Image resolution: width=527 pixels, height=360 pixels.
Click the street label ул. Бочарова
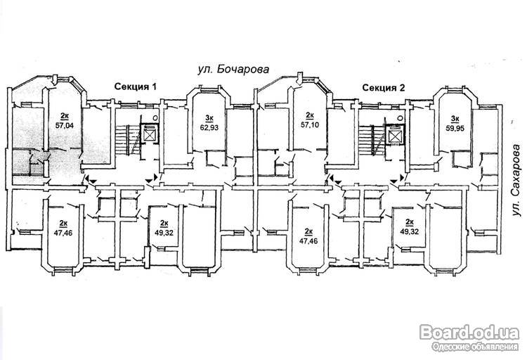[233, 70]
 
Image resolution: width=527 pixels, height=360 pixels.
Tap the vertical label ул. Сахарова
[516, 180]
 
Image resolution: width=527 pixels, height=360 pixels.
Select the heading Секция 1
[136, 86]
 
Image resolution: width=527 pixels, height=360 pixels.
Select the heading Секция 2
[384, 88]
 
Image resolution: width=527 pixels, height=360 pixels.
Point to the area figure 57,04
[65, 126]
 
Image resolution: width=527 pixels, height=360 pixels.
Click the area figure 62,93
[209, 127]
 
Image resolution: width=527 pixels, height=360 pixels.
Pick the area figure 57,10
[310, 125]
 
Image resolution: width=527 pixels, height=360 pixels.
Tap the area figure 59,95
[455, 128]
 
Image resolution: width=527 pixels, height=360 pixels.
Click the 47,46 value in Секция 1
[63, 232]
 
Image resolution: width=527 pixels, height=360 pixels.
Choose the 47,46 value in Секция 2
[308, 241]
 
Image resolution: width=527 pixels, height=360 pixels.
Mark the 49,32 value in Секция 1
[164, 232]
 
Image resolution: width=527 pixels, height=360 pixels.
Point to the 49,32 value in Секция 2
[410, 231]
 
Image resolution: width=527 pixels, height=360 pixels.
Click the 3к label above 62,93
[209, 118]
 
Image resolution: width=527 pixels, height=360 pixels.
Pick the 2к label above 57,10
[310, 116]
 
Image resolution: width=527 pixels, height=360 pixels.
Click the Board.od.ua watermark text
[469, 333]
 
